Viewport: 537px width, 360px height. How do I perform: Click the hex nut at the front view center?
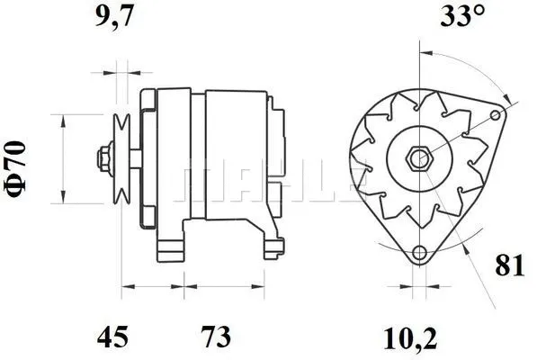pos(418,159)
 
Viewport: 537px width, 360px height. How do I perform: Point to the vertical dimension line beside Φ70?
pos(62,159)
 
